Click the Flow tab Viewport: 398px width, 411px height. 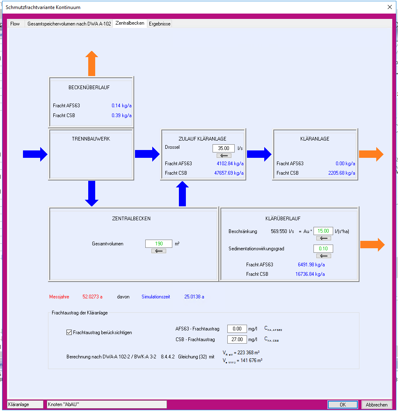(15, 24)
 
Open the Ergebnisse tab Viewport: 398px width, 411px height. (160, 24)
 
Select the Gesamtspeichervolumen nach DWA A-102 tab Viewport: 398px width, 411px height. (69, 24)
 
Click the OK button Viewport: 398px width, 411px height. (343, 405)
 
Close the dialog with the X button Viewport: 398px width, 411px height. (390, 7)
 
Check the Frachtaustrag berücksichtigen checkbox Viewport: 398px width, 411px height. (69, 332)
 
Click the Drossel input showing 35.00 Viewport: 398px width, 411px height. (224, 148)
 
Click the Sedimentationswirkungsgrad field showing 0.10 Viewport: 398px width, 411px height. (323, 249)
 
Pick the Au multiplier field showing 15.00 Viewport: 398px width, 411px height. (323, 231)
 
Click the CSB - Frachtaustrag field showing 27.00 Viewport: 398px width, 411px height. (237, 339)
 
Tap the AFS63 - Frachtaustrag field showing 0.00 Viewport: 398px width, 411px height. (237, 329)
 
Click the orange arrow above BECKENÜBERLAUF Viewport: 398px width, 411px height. (91, 64)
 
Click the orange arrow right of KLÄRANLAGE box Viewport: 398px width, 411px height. (371, 154)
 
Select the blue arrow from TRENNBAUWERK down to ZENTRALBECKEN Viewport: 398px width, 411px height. (91, 193)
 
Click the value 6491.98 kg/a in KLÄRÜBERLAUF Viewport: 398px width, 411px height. (311, 265)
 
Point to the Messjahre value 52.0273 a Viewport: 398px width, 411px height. (92, 296)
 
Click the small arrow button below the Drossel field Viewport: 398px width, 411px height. (224, 155)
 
